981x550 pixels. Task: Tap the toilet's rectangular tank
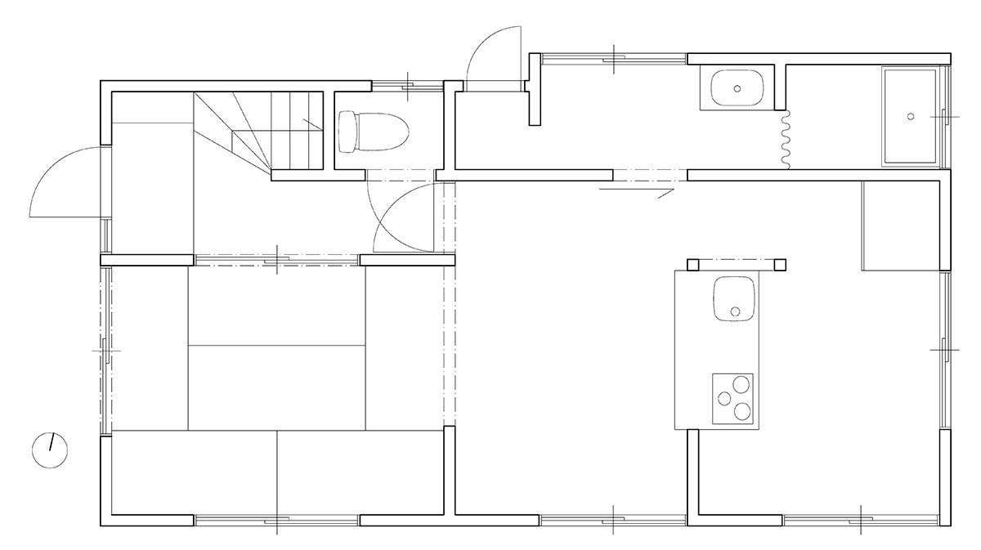pos(347,132)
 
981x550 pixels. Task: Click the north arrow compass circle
pos(50,449)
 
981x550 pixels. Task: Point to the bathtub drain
pos(911,116)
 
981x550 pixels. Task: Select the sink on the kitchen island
pos(734,300)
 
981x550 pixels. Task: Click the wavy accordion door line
pos(785,141)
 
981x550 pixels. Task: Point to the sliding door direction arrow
pos(636,190)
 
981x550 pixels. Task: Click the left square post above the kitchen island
pos(693,264)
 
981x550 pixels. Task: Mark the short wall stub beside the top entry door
pos(535,89)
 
